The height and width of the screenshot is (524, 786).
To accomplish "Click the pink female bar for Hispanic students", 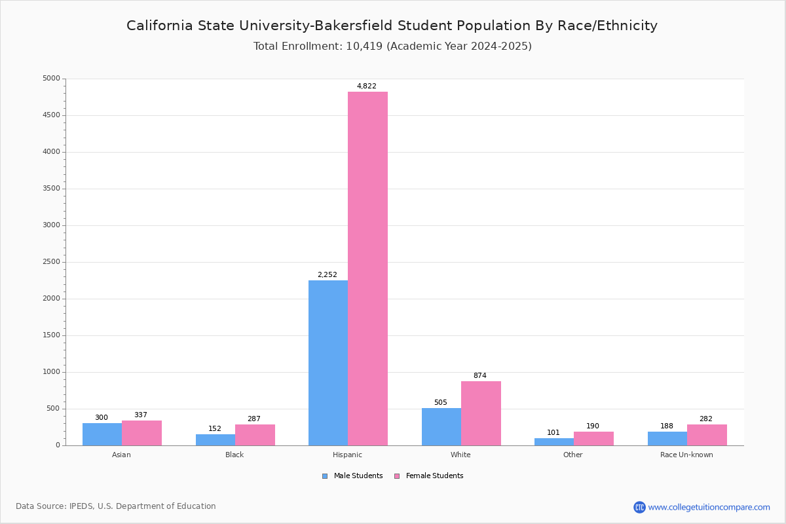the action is click(x=367, y=269).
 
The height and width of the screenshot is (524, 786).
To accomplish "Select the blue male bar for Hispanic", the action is click(x=328, y=363).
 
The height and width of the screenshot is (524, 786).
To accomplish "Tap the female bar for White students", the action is click(x=481, y=413).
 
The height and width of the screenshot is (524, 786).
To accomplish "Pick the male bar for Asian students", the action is click(x=102, y=434).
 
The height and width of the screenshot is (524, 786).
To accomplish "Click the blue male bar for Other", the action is click(x=554, y=442).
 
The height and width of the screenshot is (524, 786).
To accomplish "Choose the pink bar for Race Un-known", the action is click(x=707, y=435).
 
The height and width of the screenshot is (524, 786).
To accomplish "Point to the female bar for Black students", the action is click(x=255, y=435).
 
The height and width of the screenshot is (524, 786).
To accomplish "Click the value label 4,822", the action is click(x=367, y=86).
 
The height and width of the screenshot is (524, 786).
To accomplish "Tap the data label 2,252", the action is click(x=327, y=274).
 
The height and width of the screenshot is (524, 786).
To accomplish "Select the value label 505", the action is click(x=441, y=402).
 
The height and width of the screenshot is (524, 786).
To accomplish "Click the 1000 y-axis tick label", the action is click(x=52, y=371).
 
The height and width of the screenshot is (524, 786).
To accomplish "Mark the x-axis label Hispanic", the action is click(x=347, y=455).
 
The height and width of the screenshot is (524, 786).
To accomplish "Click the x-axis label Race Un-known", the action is click(x=686, y=455).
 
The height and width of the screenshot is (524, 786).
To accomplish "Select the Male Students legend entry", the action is click(x=352, y=476).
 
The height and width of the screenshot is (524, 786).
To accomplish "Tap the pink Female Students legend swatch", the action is click(x=397, y=476).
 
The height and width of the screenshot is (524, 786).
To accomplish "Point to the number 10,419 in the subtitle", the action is click(x=364, y=47).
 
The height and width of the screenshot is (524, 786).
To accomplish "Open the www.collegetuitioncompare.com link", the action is click(x=709, y=507).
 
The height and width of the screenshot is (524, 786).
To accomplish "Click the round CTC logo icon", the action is click(x=640, y=507).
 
